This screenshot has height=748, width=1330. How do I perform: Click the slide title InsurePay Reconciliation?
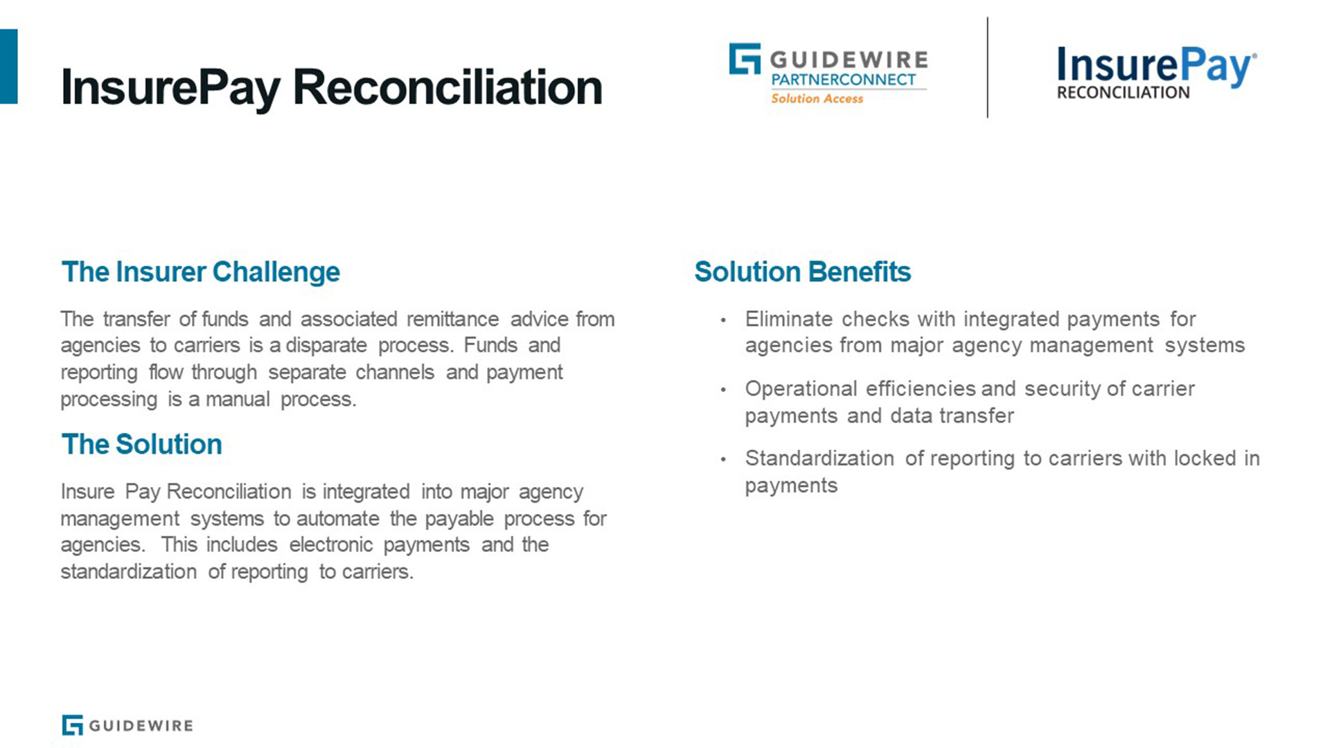pyautogui.click(x=332, y=88)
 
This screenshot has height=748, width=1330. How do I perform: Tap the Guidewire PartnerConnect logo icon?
pyautogui.click(x=745, y=59)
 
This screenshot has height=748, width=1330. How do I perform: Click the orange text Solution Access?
pyautogui.click(x=817, y=99)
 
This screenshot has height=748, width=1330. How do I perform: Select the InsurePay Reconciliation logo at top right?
pyautogui.click(x=1156, y=73)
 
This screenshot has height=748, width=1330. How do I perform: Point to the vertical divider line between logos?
pyautogui.click(x=987, y=67)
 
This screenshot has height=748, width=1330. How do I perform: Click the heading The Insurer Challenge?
pyautogui.click(x=201, y=272)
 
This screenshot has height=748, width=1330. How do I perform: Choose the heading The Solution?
pyautogui.click(x=142, y=445)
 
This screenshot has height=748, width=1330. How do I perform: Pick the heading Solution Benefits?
pyautogui.click(x=803, y=272)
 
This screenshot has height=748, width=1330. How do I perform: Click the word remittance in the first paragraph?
pyautogui.click(x=452, y=319)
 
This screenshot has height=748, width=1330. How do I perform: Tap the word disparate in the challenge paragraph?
pyautogui.click(x=326, y=346)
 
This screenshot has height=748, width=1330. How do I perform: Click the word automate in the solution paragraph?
pyautogui.click(x=338, y=519)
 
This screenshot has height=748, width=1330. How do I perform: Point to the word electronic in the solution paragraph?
pyautogui.click(x=331, y=545)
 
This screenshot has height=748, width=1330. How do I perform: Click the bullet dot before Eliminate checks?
pyautogui.click(x=723, y=320)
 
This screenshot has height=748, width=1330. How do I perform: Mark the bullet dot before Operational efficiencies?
pyautogui.click(x=723, y=390)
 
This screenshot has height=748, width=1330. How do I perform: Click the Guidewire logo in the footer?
pyautogui.click(x=127, y=725)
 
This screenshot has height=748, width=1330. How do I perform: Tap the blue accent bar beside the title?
pyautogui.click(x=8, y=66)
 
